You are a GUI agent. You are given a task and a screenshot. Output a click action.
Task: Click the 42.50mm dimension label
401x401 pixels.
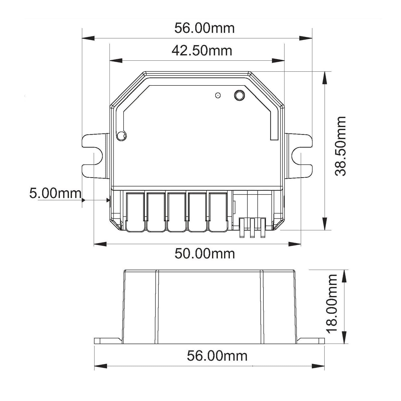202,51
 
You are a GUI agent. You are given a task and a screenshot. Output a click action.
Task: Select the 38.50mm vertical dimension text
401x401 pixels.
341,146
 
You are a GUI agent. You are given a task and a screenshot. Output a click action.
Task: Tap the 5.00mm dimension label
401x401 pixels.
55,193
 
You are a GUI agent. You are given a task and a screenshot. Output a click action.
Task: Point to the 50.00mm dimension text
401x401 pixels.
205,254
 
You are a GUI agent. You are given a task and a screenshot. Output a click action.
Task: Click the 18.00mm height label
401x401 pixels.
332,304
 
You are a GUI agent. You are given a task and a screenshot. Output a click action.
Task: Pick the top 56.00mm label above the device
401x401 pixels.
205,28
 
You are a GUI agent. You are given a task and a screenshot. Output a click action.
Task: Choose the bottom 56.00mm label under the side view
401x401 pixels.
217,356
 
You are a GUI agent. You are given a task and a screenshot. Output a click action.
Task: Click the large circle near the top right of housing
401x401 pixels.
239,95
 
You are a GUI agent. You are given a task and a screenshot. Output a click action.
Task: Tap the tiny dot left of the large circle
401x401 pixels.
218,95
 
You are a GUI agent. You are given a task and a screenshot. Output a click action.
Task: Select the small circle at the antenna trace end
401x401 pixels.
122,136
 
